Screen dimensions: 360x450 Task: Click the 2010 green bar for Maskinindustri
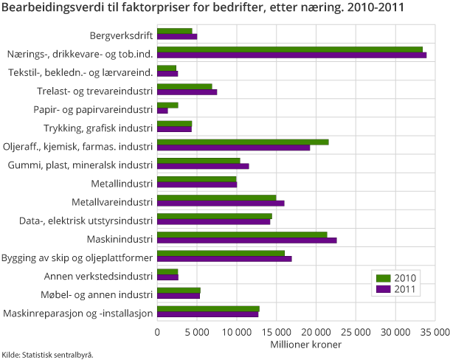click(242, 235)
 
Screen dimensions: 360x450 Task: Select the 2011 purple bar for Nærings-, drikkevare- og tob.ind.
click(291, 55)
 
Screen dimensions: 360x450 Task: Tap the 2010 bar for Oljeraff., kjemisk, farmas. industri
click(243, 142)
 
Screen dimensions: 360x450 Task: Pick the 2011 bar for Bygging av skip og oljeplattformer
click(224, 259)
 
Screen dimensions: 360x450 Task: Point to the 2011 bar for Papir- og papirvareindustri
click(162, 111)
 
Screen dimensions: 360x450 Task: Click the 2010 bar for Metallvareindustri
click(216, 198)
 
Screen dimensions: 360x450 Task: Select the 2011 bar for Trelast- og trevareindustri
click(187, 92)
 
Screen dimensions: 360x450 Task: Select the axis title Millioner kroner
click(295, 345)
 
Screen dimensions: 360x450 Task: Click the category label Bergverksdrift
click(121, 35)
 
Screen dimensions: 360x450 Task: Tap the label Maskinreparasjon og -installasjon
click(77, 314)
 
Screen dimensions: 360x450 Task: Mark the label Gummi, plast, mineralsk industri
click(80, 165)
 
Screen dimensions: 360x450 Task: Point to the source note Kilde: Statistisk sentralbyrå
click(47, 354)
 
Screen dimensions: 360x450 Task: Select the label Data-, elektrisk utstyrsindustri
click(86, 220)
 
